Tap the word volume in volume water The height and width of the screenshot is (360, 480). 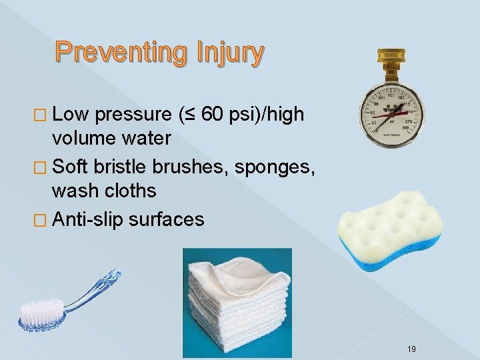click(x=83, y=139)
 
